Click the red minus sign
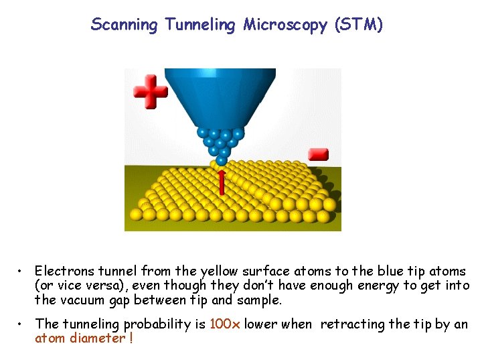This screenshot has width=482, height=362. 317,154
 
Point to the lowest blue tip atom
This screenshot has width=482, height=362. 222,160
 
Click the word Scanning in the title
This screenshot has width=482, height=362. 125,25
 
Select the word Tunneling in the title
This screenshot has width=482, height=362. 200,25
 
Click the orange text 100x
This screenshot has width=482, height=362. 222,324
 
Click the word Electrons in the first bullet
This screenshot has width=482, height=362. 62,271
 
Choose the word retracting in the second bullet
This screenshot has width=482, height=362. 352,324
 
